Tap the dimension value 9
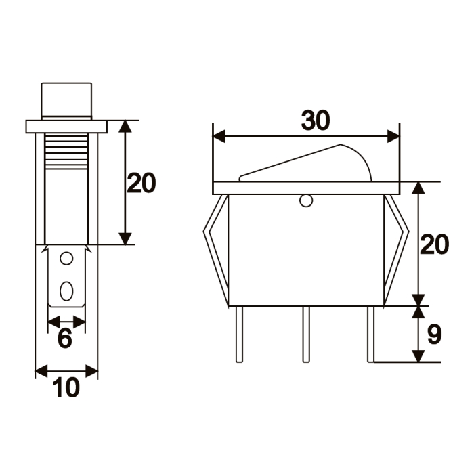click(x=435, y=334)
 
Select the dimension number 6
click(x=64, y=339)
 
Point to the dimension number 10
click(x=66, y=388)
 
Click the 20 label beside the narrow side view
click(x=142, y=183)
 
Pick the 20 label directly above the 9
click(x=435, y=244)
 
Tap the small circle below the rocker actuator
click(x=306, y=200)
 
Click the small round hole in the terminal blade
click(x=66, y=259)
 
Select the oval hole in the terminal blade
click(x=66, y=290)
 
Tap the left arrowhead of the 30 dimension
click(x=219, y=137)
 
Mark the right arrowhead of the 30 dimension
click(x=393, y=137)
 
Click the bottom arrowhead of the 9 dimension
click(x=419, y=356)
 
